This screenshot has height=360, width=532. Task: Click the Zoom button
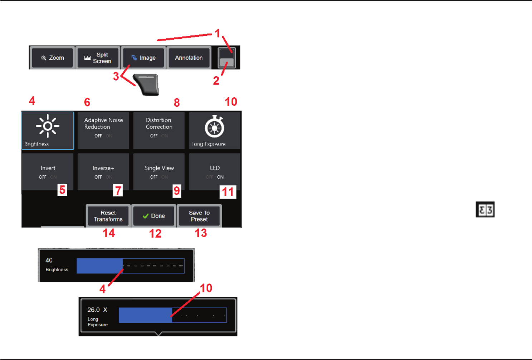point(53,58)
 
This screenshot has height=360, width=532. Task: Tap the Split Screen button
point(97,58)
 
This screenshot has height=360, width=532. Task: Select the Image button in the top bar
point(143,58)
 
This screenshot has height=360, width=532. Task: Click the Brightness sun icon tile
point(48,126)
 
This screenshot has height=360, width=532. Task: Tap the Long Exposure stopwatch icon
point(214,126)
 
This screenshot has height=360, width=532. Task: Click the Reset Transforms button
point(108,216)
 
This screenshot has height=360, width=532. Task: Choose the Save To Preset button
point(199,216)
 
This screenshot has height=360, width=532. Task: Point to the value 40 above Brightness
point(49,260)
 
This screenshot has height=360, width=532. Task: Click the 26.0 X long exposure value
point(97,310)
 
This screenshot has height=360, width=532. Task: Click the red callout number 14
point(109,233)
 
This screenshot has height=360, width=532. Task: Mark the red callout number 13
point(201,233)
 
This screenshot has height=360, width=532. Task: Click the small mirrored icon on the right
point(485,210)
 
